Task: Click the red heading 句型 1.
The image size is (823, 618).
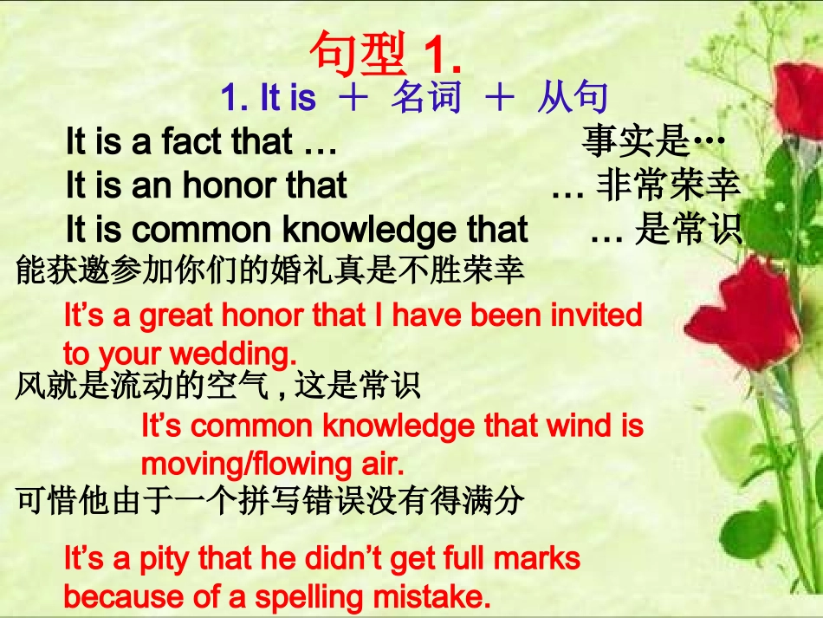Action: (x=385, y=54)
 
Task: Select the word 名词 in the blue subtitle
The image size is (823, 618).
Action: (x=425, y=99)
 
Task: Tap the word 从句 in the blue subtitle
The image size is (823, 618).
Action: (x=572, y=99)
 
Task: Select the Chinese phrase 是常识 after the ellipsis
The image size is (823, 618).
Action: (x=689, y=230)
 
